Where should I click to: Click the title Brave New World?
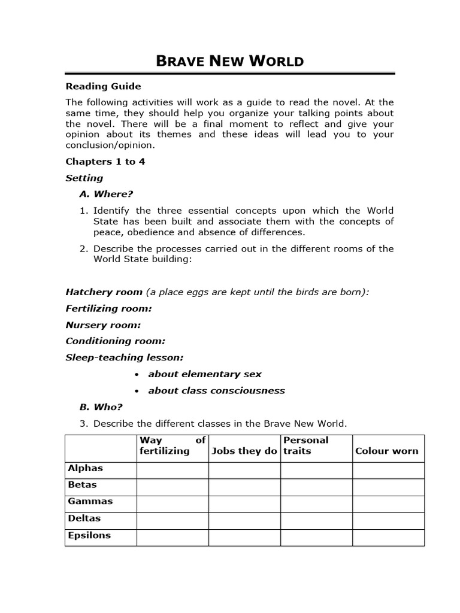coord(229,60)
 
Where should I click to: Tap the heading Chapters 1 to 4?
coord(105,162)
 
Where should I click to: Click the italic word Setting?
coord(84,178)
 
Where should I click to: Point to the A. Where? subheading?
coord(105,194)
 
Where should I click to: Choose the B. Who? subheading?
coord(101,407)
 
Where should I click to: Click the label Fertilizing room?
coord(108,308)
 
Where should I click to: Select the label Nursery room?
coord(103,325)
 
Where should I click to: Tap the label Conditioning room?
coord(115,341)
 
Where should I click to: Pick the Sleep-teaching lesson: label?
coord(124,357)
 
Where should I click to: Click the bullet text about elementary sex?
coord(205,374)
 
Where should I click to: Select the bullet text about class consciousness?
coord(216,391)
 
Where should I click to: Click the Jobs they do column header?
coord(244,451)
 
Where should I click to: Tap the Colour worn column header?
coord(387,451)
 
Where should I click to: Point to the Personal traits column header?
coord(305,445)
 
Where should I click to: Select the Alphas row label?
coord(85,469)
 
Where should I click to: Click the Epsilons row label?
coord(89,536)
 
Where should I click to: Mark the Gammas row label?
coord(90,502)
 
